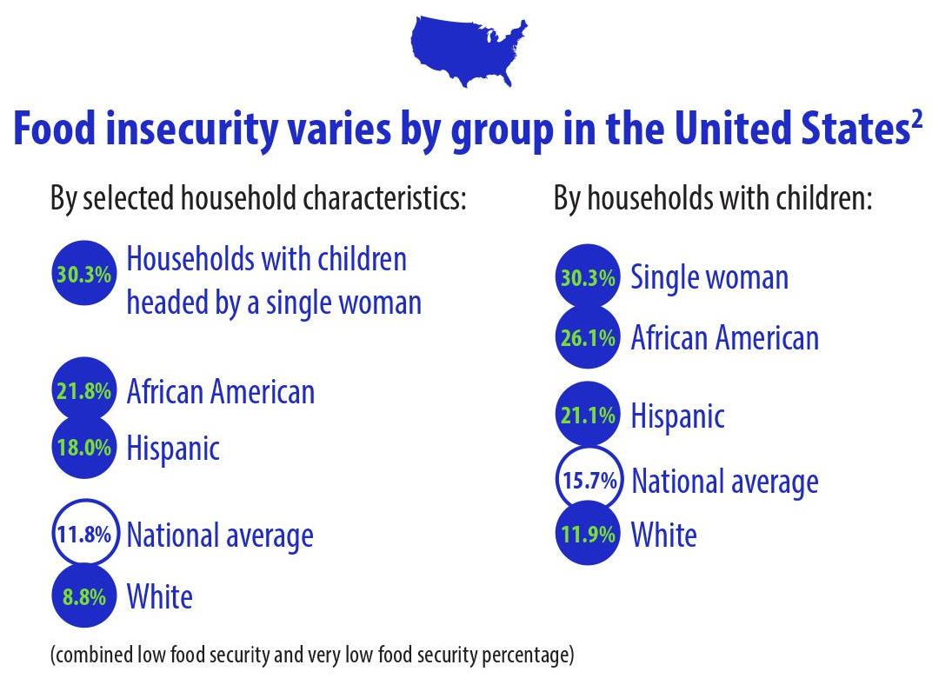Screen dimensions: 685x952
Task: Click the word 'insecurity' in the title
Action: [196, 130]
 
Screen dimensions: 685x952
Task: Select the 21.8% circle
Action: [83, 390]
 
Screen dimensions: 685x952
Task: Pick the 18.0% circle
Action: [83, 448]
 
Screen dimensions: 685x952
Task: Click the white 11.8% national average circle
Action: [83, 533]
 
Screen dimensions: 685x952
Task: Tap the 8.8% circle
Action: [83, 596]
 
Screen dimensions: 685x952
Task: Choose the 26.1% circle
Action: [588, 337]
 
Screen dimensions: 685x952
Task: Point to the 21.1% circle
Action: [588, 415]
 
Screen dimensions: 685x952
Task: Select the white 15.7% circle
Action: [589, 480]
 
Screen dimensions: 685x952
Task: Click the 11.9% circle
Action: [588, 533]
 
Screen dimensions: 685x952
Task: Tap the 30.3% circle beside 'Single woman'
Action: [588, 277]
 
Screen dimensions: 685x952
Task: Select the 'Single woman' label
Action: [709, 277]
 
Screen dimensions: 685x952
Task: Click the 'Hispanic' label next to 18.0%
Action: [173, 449]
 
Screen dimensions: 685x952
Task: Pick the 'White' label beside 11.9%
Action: [663, 534]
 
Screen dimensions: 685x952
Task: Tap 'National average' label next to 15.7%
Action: [724, 481]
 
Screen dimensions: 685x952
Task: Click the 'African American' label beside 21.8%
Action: [220, 391]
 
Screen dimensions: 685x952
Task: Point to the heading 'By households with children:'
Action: [712, 199]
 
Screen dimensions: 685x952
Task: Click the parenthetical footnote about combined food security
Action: [312, 654]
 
